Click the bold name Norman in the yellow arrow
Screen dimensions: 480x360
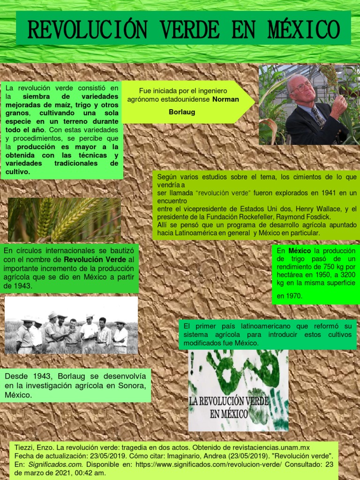pyautogui.click(x=226, y=99)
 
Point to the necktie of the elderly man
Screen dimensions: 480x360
pyautogui.click(x=319, y=118)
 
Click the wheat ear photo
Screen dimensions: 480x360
pyautogui.click(x=64, y=219)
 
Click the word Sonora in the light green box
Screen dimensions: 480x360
pyautogui.click(x=134, y=385)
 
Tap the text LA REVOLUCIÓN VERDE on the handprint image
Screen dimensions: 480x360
pyautogui.click(x=228, y=402)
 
